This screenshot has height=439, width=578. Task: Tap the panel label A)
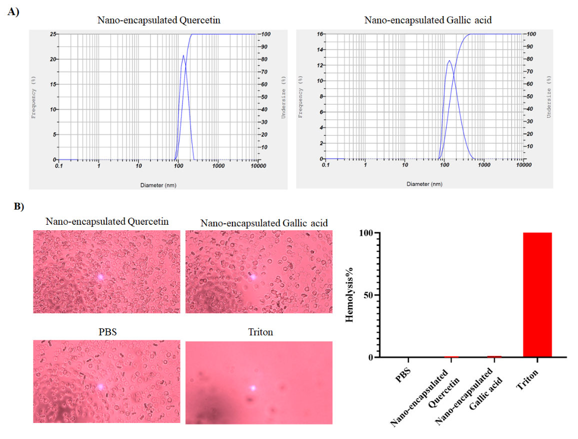(13, 13)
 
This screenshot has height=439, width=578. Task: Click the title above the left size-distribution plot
(159, 21)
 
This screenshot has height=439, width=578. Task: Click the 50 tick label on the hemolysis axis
(367, 295)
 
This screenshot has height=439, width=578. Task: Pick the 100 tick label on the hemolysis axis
(365, 233)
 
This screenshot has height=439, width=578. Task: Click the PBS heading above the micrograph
(106, 332)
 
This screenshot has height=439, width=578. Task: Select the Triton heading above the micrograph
(260, 332)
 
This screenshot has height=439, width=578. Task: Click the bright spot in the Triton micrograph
(253, 387)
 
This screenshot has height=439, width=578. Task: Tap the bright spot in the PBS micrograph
(101, 386)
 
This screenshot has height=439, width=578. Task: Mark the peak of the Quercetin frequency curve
(183, 55)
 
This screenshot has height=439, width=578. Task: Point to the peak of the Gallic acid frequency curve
(449, 60)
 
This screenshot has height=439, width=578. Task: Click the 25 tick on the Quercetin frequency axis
(52, 34)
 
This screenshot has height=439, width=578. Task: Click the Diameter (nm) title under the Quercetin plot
(158, 185)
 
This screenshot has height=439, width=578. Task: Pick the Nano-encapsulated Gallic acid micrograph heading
(264, 223)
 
